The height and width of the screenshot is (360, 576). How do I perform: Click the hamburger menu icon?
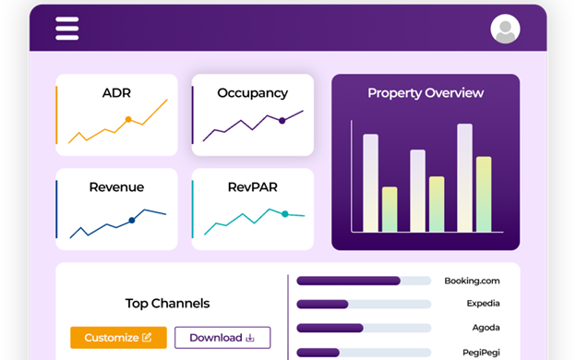click(x=66, y=29)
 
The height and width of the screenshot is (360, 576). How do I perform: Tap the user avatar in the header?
click(x=505, y=29)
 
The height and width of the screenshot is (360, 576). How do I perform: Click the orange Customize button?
click(x=118, y=337)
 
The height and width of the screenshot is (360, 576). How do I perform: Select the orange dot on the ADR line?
click(x=128, y=119)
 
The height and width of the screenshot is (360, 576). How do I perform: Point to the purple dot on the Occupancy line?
click(x=282, y=120)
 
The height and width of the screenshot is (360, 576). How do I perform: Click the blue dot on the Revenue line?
click(x=131, y=220)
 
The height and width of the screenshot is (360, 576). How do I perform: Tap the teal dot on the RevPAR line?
click(x=284, y=214)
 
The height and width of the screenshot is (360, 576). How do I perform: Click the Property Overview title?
click(x=426, y=93)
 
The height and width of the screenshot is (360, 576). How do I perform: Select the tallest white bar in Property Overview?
click(x=464, y=178)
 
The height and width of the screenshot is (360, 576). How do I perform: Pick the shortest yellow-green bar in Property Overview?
click(x=390, y=210)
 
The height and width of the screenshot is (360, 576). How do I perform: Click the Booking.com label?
click(x=472, y=281)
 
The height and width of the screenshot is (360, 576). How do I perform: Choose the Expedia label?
click(x=483, y=304)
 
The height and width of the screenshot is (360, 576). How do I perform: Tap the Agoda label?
click(x=486, y=328)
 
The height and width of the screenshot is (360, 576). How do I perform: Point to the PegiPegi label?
click(x=481, y=353)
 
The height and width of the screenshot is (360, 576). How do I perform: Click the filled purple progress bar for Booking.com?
click(x=348, y=281)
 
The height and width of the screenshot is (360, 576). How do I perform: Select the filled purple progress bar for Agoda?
click(x=330, y=328)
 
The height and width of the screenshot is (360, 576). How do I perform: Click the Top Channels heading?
click(x=167, y=304)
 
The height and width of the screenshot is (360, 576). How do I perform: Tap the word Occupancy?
click(x=252, y=93)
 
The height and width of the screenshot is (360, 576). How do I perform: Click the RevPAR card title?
click(x=252, y=187)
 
